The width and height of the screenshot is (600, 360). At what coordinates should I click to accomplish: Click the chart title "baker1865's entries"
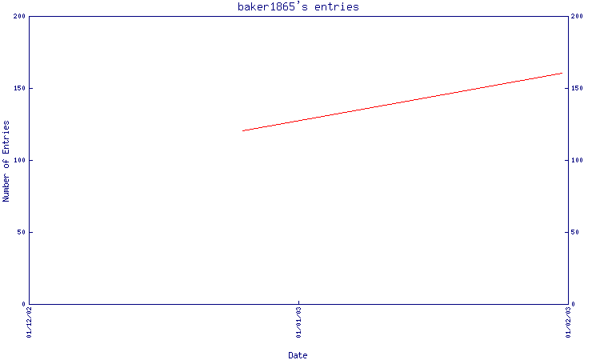[x=298, y=7]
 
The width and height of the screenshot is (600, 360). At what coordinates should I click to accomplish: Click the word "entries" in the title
[x=337, y=7]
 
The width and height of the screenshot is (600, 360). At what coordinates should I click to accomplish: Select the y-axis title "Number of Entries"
[x=6, y=161]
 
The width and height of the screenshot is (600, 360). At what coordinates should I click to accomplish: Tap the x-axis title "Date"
[x=298, y=355]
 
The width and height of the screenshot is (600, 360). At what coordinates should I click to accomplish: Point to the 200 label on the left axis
[x=19, y=16]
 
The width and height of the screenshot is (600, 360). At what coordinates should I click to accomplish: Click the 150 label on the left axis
[x=19, y=88]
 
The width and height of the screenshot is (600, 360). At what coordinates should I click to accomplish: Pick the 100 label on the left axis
[x=19, y=160]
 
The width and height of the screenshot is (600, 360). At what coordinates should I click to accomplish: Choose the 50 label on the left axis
[x=22, y=232]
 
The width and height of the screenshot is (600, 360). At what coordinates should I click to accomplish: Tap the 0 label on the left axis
[x=23, y=304]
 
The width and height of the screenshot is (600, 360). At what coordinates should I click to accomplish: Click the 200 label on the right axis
[x=577, y=16]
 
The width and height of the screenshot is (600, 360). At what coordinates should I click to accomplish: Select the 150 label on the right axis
[x=577, y=88]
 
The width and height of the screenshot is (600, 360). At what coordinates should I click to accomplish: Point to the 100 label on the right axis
[x=577, y=160]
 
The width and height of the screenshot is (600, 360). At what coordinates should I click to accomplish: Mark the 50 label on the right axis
[x=575, y=232]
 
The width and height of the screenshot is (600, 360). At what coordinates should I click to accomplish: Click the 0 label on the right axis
[x=573, y=304]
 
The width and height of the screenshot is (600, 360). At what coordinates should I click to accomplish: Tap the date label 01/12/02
[x=29, y=322]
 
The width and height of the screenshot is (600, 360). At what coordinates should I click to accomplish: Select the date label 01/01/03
[x=299, y=322]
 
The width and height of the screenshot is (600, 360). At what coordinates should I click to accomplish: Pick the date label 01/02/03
[x=568, y=322]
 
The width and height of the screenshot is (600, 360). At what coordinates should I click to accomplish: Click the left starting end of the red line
[x=242, y=131]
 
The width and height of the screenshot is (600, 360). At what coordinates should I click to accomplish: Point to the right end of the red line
[x=562, y=73]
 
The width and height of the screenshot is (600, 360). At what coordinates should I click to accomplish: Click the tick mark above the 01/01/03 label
[x=299, y=302]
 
